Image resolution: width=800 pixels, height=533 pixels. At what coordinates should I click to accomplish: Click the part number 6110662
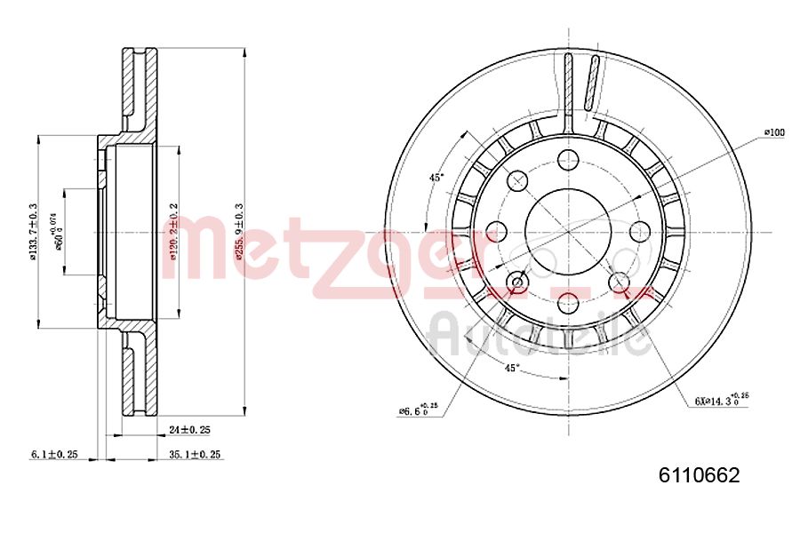click(699, 476)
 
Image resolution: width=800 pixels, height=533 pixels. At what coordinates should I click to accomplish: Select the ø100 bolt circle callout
click(774, 132)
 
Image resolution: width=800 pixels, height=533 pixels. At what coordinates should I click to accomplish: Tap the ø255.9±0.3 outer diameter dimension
click(238, 231)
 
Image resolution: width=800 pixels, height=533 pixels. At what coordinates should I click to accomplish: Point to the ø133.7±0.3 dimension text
click(34, 233)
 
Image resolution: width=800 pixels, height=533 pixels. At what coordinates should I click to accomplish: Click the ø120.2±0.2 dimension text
click(174, 232)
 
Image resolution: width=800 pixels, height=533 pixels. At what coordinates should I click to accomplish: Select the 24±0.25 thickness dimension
click(188, 429)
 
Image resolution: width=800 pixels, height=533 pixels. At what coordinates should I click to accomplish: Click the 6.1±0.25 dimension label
click(54, 454)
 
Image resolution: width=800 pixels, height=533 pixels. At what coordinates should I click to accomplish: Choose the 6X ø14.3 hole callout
click(720, 401)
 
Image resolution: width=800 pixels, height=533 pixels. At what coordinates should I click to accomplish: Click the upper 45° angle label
click(436, 178)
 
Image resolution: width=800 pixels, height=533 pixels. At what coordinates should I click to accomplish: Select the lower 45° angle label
click(511, 367)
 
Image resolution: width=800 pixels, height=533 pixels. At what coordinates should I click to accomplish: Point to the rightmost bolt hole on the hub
click(638, 231)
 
